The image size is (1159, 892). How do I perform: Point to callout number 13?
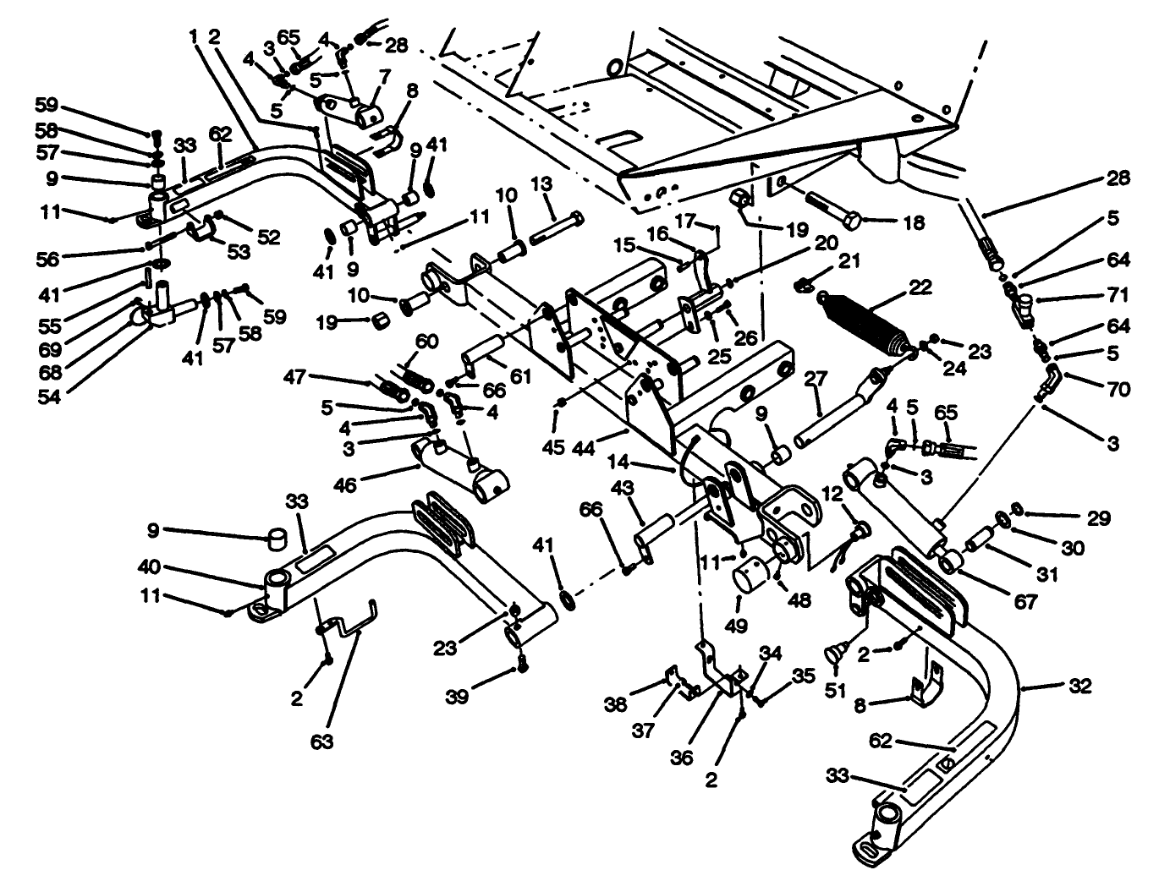pyautogui.click(x=541, y=184)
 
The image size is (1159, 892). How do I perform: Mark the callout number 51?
pyautogui.click(x=836, y=690)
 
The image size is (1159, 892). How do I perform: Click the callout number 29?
pyautogui.click(x=1099, y=517)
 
